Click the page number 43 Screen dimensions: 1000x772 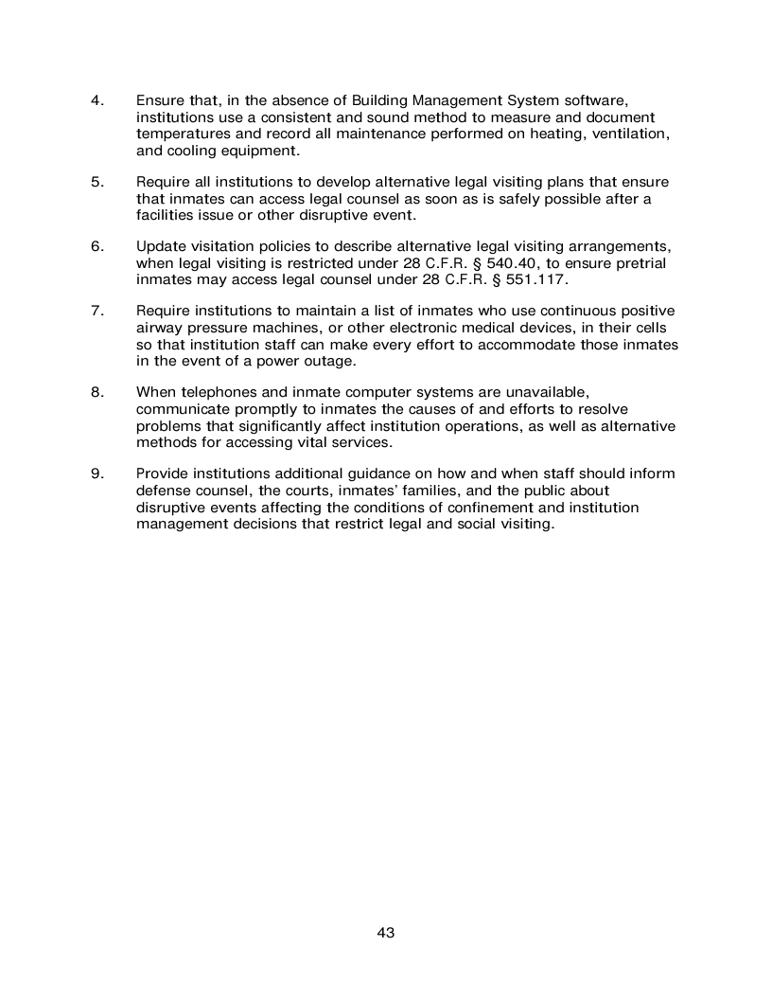coord(385,933)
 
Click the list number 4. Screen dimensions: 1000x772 coord(96,100)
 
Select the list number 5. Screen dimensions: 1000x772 coord(96,181)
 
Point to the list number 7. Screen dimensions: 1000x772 coord(96,311)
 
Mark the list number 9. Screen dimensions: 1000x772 coord(96,473)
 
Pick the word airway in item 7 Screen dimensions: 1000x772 coord(160,328)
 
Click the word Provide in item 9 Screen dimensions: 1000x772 coord(164,473)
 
